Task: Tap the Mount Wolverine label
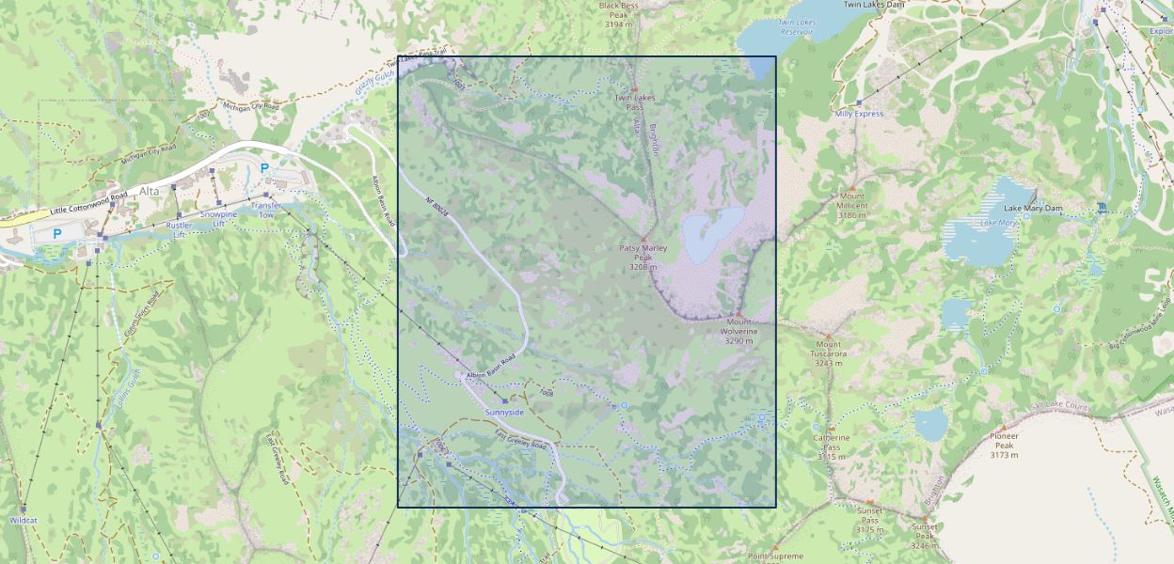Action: [x=738, y=331]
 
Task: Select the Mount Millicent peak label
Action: [x=852, y=206]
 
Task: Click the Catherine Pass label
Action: [x=832, y=442]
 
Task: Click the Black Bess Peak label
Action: [x=618, y=14]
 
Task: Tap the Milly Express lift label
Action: [x=859, y=114]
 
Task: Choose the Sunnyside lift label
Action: [x=504, y=413]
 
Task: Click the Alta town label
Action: [x=150, y=191]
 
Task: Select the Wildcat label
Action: [x=23, y=520]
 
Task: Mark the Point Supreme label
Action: [x=775, y=556]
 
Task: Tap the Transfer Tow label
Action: [x=265, y=210]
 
